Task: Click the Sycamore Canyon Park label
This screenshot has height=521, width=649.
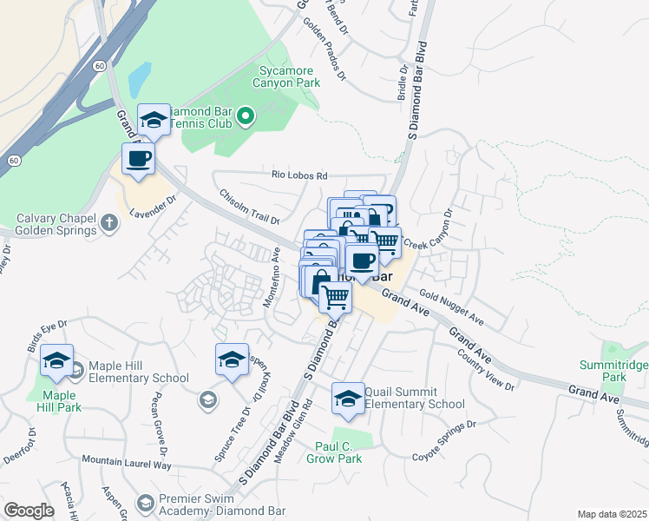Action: pyautogui.click(x=286, y=76)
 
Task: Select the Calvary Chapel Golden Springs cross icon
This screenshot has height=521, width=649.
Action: pyautogui.click(x=108, y=223)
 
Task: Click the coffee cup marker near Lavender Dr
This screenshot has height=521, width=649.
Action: pyautogui.click(x=138, y=159)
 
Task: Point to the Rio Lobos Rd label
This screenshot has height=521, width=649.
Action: pyautogui.click(x=299, y=175)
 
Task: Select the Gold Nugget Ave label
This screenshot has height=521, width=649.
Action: pyautogui.click(x=450, y=309)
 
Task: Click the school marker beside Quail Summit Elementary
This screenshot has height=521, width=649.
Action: pyautogui.click(x=348, y=398)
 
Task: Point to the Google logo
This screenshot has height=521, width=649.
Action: pyautogui.click(x=28, y=511)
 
